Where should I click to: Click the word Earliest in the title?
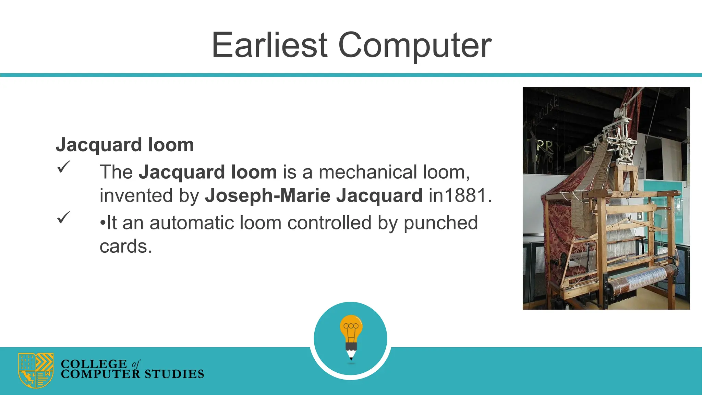(270, 45)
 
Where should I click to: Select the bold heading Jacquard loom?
(125, 145)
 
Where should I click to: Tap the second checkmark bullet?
(63, 217)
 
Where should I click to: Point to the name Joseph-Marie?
(267, 195)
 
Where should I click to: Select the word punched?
(440, 223)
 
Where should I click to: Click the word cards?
(125, 246)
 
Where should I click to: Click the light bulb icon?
(351, 328)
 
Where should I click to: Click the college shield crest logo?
(36, 370)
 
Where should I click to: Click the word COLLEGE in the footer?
(94, 364)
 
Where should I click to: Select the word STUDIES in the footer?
(174, 374)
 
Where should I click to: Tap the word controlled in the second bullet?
(329, 223)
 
